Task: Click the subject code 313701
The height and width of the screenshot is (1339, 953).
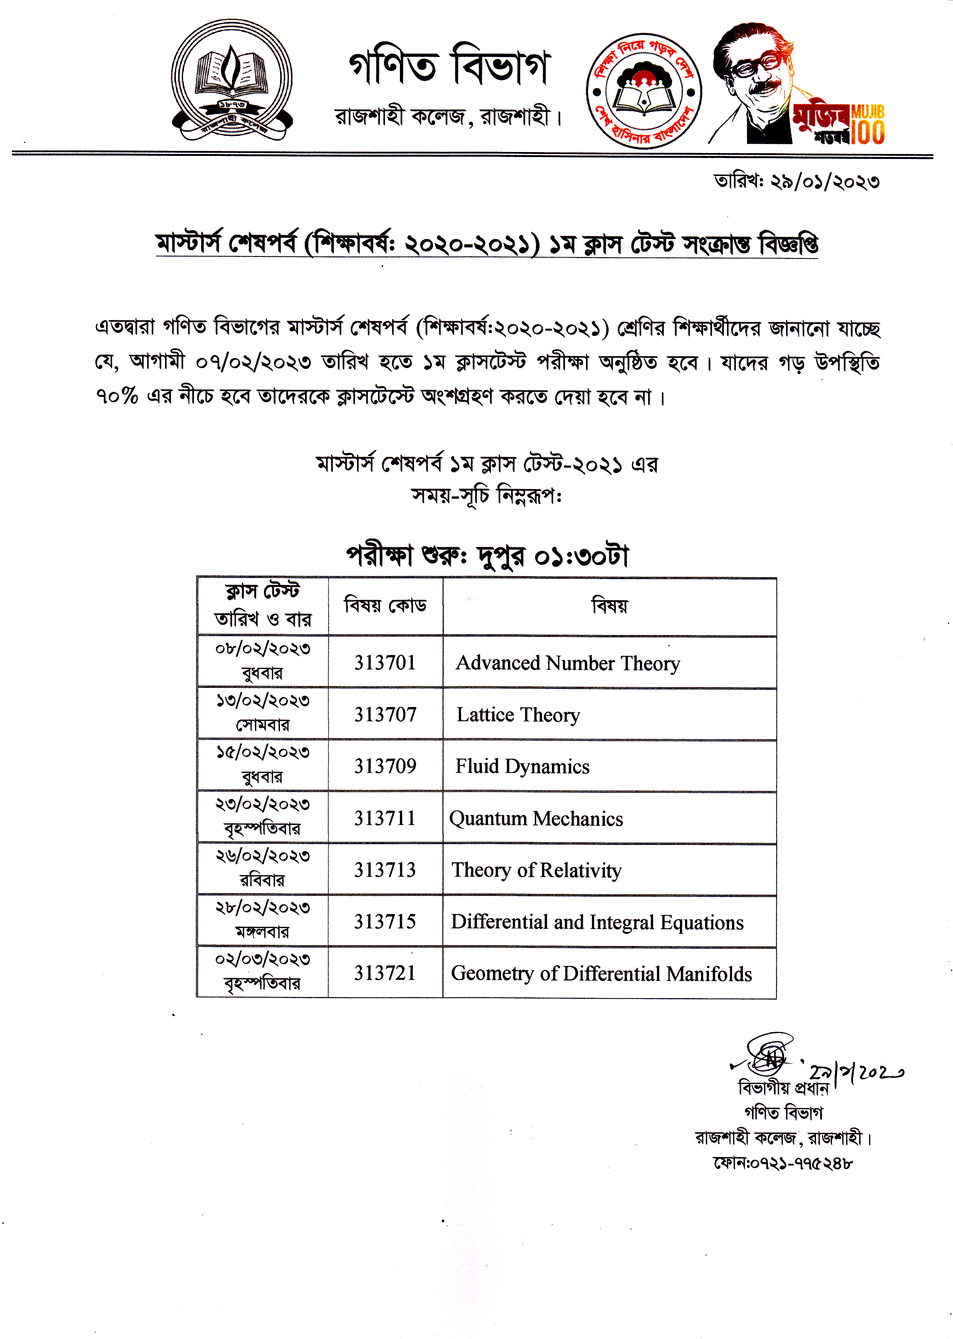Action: click(x=385, y=663)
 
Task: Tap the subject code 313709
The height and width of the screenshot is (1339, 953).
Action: click(x=385, y=766)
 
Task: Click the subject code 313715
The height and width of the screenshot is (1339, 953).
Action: click(x=385, y=921)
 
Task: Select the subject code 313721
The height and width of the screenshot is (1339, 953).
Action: click(x=385, y=973)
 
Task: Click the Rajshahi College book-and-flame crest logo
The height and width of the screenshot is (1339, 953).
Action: click(x=232, y=80)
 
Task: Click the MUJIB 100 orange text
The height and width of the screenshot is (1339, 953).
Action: click(x=867, y=124)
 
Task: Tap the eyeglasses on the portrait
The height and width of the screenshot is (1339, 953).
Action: click(x=757, y=66)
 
